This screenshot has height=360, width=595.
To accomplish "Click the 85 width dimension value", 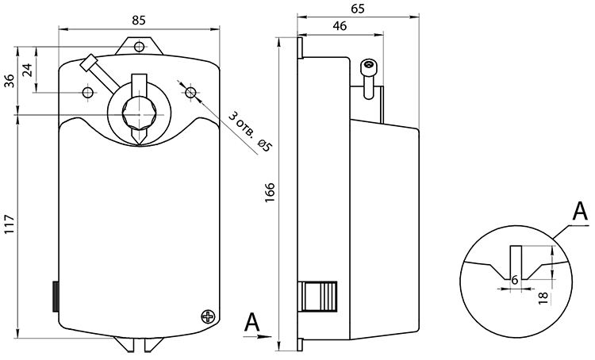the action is [139, 20].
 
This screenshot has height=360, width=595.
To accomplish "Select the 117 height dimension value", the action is [10, 224].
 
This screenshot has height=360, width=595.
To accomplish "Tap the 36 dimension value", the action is [10, 80].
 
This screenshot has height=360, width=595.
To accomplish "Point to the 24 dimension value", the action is [28, 70].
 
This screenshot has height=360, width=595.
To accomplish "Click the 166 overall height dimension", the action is [269, 193].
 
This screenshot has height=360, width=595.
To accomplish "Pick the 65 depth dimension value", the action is [358, 9].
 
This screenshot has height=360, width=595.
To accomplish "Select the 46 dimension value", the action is [340, 26].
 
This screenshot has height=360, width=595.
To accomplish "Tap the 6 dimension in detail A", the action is [515, 280].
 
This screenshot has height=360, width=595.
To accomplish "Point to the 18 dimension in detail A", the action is [543, 297].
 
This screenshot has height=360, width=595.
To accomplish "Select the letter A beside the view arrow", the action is [252, 323].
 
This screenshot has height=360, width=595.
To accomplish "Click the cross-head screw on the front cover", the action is [208, 316].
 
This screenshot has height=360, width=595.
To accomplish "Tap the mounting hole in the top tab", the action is [140, 47].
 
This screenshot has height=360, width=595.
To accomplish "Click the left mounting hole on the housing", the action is [88, 92].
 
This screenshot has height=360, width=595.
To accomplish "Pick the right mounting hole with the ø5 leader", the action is [190, 92].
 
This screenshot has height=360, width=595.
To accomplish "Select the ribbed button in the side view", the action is [319, 297].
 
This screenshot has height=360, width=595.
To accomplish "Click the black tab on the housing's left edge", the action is [56, 297].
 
